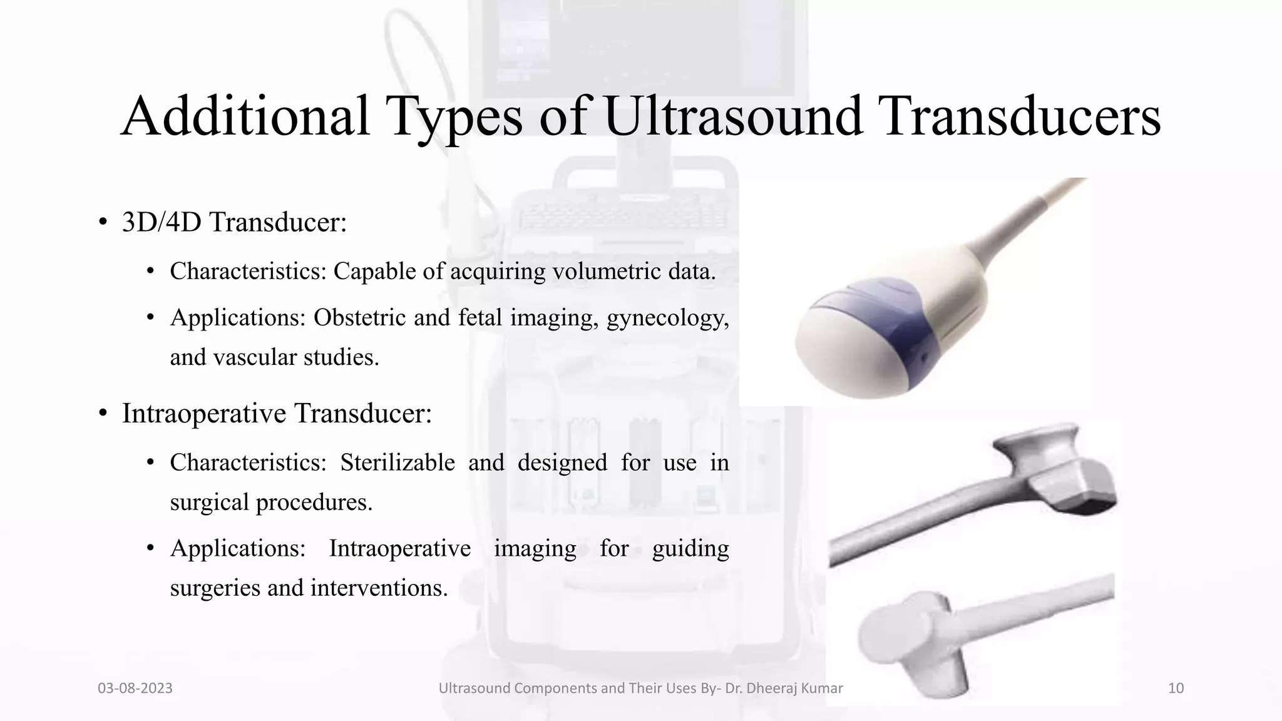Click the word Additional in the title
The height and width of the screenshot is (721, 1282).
(245, 116)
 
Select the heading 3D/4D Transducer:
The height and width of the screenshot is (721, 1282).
(234, 222)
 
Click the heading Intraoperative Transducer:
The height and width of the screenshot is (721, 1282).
(277, 413)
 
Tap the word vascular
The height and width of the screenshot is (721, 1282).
(255, 357)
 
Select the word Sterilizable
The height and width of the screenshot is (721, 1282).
(397, 463)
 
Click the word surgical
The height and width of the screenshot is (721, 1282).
(210, 503)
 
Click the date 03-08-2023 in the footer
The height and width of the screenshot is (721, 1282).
(135, 688)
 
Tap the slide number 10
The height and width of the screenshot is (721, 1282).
(1176, 688)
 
